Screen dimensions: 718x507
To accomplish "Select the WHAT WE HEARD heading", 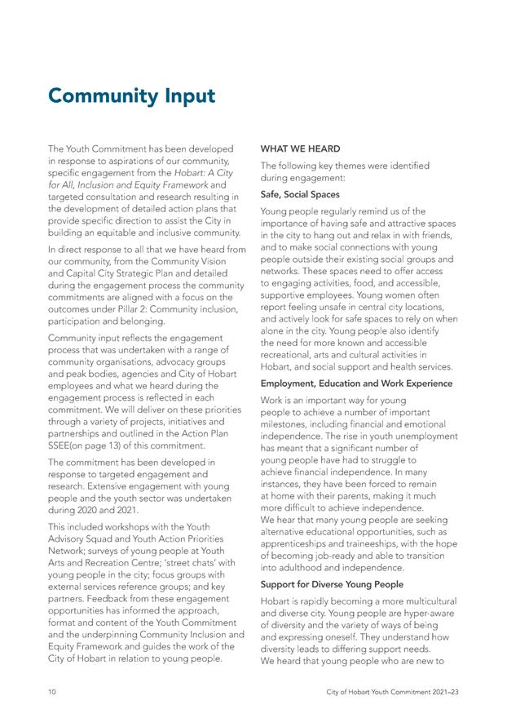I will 300,149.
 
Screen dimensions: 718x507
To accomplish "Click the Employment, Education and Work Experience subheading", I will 356,383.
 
